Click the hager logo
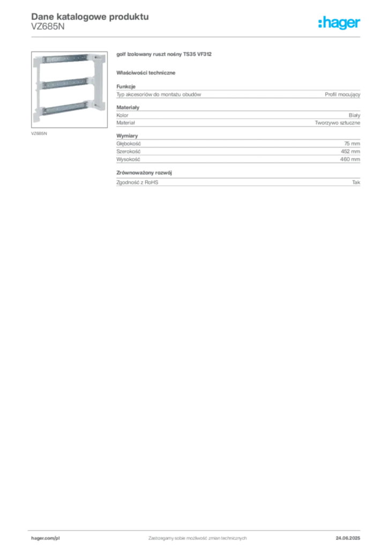coord(339,23)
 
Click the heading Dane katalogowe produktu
coord(90,17)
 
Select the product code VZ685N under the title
coord(48,27)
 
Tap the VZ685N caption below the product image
coord(39,133)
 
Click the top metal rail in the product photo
coord(65,59)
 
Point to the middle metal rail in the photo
coord(65,84)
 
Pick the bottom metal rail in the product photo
coord(65,108)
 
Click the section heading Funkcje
coord(126,86)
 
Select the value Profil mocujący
coord(342,94)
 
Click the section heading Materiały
coord(128,107)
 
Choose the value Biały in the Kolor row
coord(354,115)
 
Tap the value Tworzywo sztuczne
coord(338,123)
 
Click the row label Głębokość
coord(129,144)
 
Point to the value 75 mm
coord(352,144)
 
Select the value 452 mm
coord(350,151)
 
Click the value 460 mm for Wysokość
coord(350,159)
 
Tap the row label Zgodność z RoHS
coord(137,182)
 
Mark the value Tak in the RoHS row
coord(356,182)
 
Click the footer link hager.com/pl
coord(46,538)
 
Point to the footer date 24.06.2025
coord(348,538)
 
